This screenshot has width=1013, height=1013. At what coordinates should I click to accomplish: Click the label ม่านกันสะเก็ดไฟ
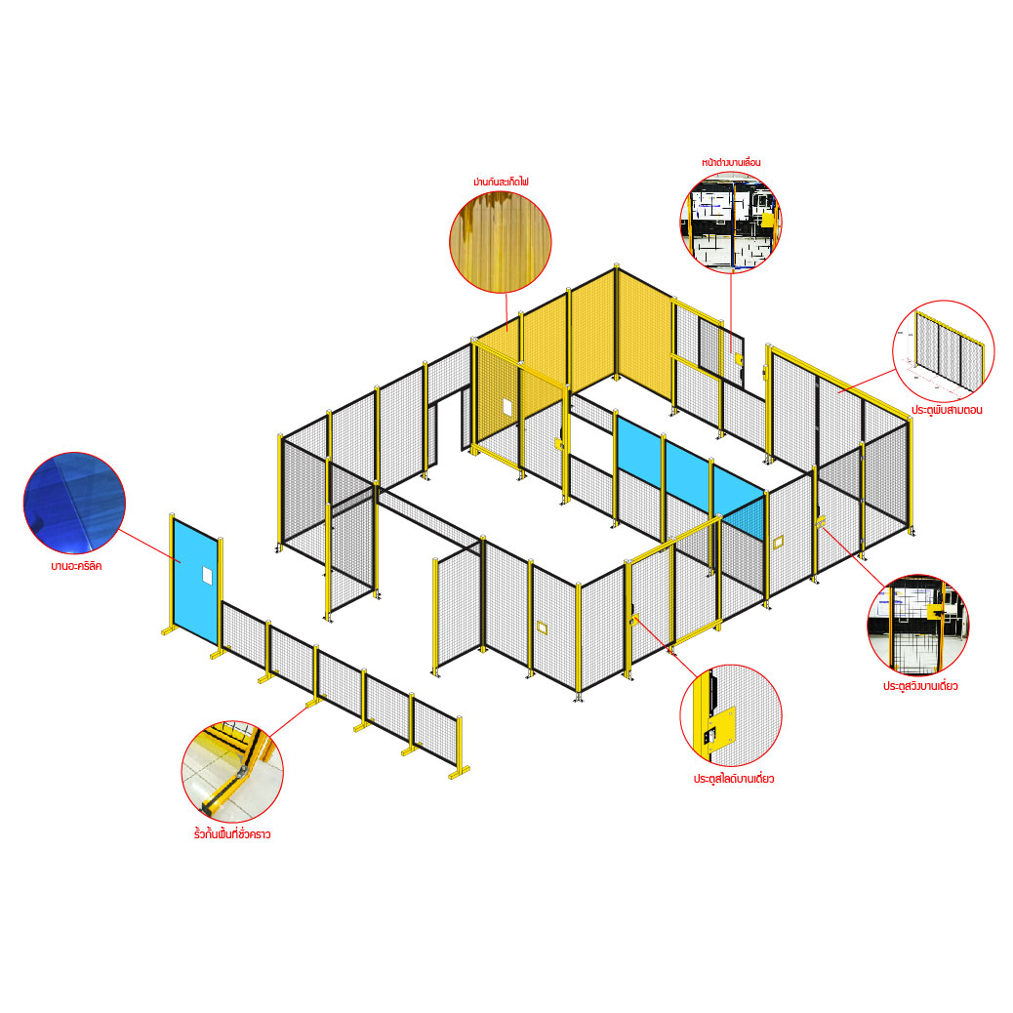click(x=501, y=182)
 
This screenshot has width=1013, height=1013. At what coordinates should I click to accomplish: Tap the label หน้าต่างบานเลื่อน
click(x=731, y=162)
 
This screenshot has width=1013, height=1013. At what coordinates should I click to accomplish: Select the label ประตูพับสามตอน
click(x=947, y=410)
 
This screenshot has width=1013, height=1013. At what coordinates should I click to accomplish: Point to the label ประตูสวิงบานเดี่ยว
click(x=920, y=685)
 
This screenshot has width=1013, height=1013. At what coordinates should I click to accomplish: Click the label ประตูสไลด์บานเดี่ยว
click(x=733, y=779)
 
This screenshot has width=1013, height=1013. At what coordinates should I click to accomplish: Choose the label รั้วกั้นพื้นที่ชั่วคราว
click(x=232, y=834)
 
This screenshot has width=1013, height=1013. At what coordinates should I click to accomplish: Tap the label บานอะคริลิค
click(x=76, y=566)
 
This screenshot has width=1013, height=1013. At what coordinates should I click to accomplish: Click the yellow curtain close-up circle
click(x=501, y=242)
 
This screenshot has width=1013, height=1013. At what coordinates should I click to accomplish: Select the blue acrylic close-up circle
click(x=74, y=503)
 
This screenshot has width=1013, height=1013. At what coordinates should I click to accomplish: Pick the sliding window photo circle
click(x=731, y=223)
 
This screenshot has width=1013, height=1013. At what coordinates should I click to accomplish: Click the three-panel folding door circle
click(x=944, y=350)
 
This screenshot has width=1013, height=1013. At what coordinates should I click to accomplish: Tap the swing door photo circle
click(x=918, y=626)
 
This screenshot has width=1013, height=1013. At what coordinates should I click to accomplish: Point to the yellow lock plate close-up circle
click(x=731, y=715)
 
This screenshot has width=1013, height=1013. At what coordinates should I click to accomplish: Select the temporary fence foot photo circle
click(x=232, y=771)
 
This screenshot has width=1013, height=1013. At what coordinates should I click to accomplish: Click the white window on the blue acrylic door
click(x=207, y=574)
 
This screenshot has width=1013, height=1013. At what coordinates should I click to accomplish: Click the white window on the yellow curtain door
click(x=507, y=407)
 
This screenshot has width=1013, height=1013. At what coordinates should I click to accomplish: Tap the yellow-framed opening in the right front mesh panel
click(x=777, y=542)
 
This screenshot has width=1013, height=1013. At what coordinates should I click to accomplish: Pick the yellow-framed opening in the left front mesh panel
click(x=542, y=627)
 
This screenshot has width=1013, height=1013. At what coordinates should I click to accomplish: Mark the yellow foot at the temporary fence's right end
click(x=458, y=771)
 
